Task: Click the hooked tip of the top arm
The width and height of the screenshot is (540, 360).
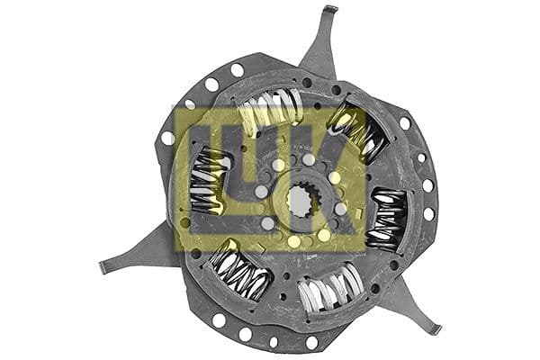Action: (x=330, y=9)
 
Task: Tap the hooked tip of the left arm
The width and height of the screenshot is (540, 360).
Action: (x=104, y=267)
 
